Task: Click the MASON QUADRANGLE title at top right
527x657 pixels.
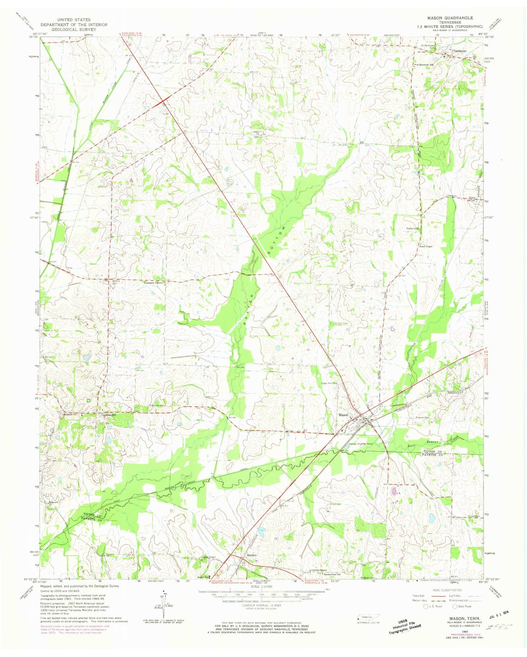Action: [x=453, y=18]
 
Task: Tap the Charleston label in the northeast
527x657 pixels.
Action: [x=459, y=51]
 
